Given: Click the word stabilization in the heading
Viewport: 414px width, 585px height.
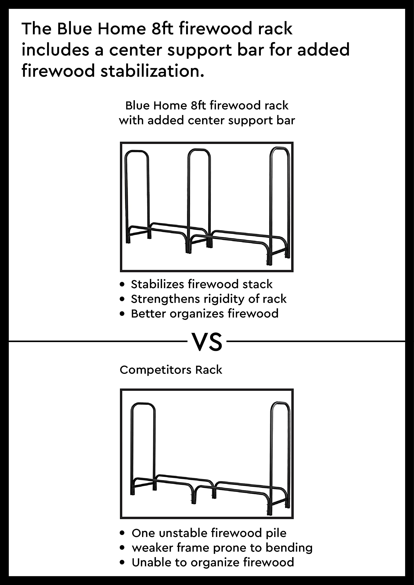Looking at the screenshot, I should click(x=152, y=71).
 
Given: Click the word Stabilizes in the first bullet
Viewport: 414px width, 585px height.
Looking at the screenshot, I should click(x=157, y=284).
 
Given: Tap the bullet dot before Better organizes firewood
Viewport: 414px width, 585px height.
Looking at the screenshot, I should click(x=122, y=314).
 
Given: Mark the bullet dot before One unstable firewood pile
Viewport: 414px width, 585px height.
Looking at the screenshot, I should click(x=123, y=533).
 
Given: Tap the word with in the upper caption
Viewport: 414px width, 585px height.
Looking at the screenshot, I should click(x=131, y=120).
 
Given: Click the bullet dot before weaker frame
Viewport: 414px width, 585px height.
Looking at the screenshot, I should click(x=123, y=548).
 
